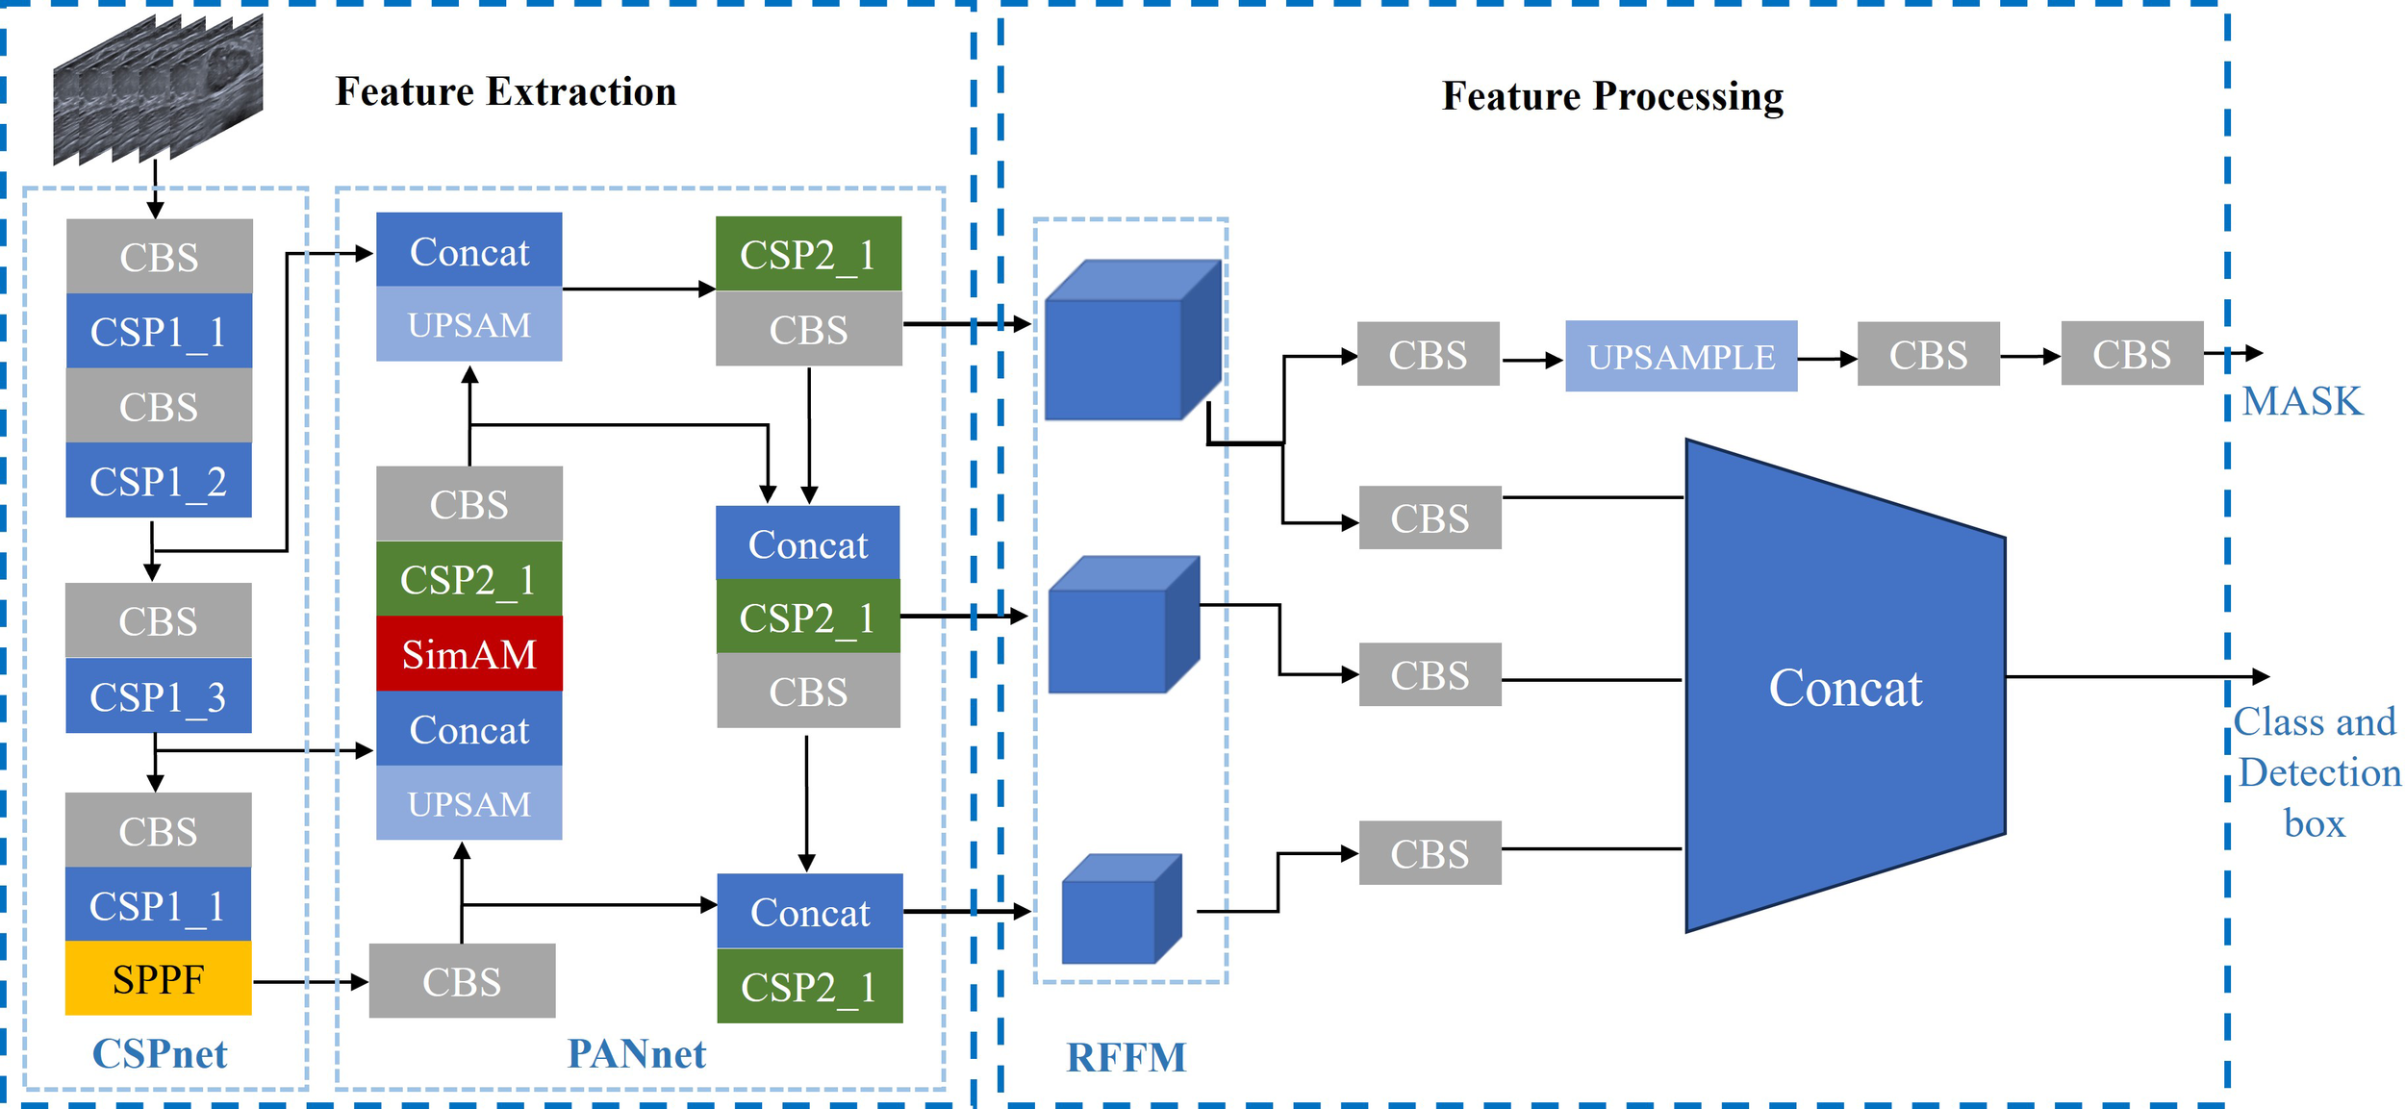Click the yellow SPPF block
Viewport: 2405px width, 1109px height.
158,978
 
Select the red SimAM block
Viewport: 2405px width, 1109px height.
468,654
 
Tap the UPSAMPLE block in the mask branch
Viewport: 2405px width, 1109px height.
1680,357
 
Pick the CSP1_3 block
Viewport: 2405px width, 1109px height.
158,696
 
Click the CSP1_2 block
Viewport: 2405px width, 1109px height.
158,481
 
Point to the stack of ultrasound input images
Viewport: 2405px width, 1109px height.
157,88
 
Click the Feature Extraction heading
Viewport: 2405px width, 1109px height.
505,92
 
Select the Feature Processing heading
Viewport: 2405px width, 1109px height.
1611,96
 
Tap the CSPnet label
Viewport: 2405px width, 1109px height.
159,1054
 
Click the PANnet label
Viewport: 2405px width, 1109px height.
636,1054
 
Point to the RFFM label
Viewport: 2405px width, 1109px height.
1126,1058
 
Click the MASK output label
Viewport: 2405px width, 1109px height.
2301,401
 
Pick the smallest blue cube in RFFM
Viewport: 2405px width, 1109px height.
1120,910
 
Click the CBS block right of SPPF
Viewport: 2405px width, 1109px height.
462,981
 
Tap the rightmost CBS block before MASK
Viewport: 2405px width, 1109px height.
2131,354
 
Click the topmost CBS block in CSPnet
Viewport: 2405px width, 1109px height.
159,257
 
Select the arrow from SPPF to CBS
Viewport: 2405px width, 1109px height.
310,982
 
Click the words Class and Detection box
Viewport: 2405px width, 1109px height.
2316,772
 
